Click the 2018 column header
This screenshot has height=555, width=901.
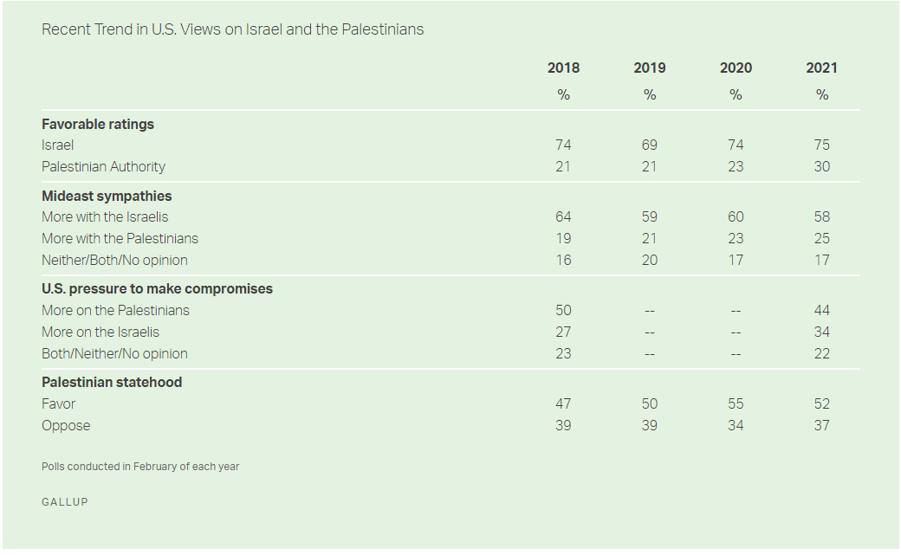pos(563,68)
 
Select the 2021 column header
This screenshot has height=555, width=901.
pos(822,68)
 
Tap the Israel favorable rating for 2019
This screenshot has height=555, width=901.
pos(650,145)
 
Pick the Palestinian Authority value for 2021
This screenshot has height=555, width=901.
pos(822,166)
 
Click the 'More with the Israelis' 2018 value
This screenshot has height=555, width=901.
pos(563,216)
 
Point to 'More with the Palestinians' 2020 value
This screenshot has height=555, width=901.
pos(736,238)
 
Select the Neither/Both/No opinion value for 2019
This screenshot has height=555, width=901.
pos(650,260)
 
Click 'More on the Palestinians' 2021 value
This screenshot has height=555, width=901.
pos(822,310)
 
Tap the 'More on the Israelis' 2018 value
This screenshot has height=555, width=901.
pos(563,332)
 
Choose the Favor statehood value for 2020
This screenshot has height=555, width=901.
pos(736,403)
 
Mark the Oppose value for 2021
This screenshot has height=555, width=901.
pos(822,425)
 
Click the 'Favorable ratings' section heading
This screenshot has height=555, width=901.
pos(98,124)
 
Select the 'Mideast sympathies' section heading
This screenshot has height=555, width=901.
pos(107,196)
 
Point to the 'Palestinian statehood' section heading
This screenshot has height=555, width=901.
pos(112,382)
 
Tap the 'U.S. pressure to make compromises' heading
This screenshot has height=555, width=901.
pos(157,288)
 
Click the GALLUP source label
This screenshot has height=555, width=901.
pos(65,502)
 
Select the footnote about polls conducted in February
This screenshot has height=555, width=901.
pos(140,467)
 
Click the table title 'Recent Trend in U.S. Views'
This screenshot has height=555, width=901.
pos(232,29)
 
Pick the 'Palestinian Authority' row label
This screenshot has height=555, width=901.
pos(103,166)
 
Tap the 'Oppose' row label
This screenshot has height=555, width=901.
pos(66,425)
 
